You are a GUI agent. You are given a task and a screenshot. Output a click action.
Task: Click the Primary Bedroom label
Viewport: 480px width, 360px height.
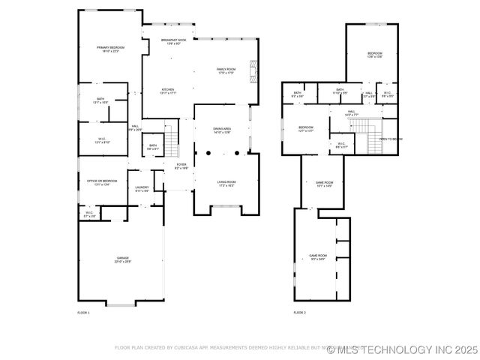click(110, 49)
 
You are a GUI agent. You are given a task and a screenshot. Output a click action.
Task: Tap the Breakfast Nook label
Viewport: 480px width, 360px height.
click(174, 41)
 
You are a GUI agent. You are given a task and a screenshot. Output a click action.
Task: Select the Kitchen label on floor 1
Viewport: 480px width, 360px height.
click(168, 91)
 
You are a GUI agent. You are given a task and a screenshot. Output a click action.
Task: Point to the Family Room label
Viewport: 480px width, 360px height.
click(226, 70)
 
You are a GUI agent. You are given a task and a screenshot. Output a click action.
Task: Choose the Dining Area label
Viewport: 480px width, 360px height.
click(223, 129)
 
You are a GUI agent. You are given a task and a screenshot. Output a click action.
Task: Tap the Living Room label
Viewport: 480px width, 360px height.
click(226, 183)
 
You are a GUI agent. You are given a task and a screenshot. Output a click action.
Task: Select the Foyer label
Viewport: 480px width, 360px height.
click(181, 166)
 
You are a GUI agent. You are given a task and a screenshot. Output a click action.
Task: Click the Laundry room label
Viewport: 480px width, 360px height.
click(142, 189)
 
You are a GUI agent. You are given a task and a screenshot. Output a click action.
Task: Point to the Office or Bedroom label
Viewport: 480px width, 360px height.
click(103, 182)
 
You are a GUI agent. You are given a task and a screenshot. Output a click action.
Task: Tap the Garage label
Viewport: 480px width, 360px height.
click(122, 259)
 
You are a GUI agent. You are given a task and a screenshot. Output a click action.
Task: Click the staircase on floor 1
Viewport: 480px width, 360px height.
click(172, 138)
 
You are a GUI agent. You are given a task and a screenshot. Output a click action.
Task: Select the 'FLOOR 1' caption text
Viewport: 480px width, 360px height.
click(83, 312)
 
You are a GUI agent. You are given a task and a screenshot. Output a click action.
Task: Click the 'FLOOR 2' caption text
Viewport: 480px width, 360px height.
click(299, 312)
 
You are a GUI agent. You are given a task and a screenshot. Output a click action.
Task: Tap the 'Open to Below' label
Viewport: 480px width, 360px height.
click(391, 139)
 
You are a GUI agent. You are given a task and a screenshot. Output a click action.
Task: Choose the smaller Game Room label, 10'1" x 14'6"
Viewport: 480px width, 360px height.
click(323, 183)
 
